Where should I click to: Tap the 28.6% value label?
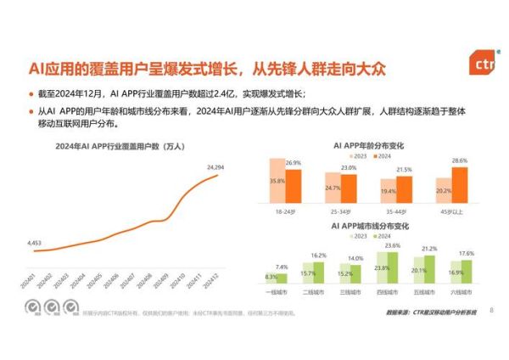(460, 161)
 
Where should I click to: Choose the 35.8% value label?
(277, 181)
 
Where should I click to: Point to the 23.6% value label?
(393, 245)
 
